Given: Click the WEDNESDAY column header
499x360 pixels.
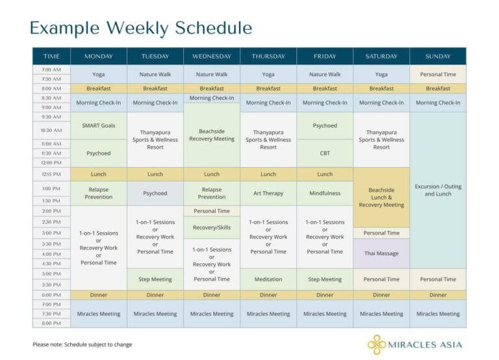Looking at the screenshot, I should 212,56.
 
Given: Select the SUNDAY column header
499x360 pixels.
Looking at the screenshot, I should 438,56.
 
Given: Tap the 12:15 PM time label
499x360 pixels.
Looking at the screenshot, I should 51,174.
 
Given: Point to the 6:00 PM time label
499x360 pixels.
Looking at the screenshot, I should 51,295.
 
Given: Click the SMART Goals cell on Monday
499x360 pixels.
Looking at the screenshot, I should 99,125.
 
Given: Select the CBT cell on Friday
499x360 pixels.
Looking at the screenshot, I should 325,153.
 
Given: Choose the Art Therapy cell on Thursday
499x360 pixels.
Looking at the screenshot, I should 268,193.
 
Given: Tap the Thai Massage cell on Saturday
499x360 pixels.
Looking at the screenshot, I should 381,253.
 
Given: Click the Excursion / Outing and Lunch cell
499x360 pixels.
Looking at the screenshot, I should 438,190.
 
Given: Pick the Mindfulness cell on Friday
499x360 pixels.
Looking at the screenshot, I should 325,193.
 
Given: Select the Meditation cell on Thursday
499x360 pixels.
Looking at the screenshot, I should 268,279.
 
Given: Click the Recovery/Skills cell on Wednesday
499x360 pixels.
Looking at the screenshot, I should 212,227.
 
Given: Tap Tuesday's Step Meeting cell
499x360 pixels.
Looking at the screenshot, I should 155,279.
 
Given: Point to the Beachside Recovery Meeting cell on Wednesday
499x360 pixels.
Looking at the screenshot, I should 212,135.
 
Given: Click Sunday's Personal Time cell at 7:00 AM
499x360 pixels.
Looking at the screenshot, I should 438,74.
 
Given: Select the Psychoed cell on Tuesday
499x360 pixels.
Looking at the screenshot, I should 155,193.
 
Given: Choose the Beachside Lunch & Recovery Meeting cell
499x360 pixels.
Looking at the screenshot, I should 381,197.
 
